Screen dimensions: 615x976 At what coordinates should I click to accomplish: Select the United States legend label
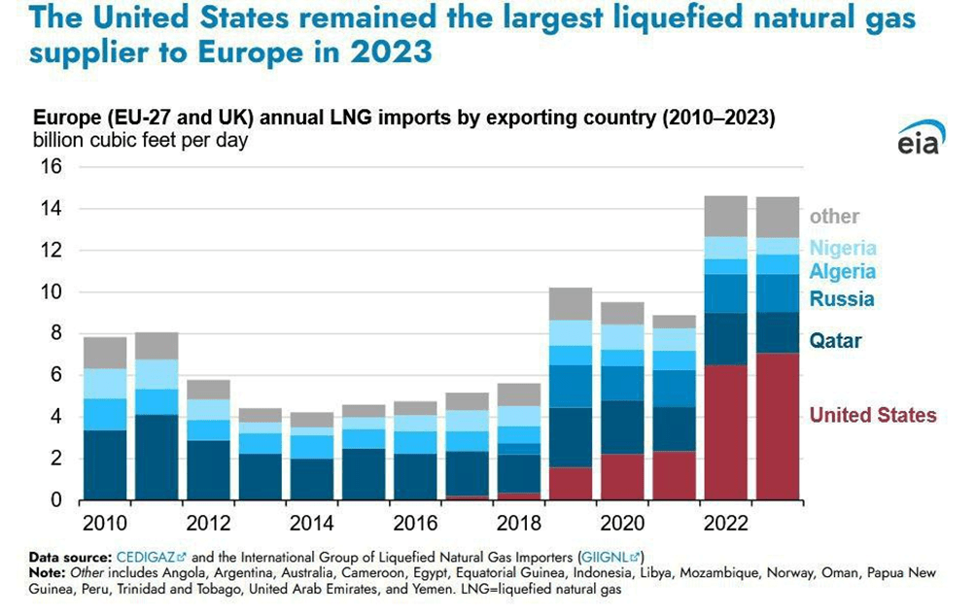pyautogui.click(x=873, y=416)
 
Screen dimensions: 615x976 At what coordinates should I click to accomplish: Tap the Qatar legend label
pyautogui.click(x=835, y=341)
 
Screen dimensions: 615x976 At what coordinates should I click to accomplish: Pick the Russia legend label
pyautogui.click(x=842, y=299)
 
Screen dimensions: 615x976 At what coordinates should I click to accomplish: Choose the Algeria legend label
pyautogui.click(x=843, y=272)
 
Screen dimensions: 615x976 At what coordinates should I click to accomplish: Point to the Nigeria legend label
pyautogui.click(x=843, y=248)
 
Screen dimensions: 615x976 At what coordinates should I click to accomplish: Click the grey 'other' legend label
pyautogui.click(x=834, y=217)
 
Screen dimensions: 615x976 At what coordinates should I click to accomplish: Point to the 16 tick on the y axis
pyautogui.click(x=50, y=167)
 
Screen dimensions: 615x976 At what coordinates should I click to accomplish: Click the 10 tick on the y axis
pyautogui.click(x=50, y=292)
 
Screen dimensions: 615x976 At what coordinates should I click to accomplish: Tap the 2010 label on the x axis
pyautogui.click(x=104, y=524)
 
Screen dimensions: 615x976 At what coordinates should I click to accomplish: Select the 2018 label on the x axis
pyautogui.click(x=519, y=524)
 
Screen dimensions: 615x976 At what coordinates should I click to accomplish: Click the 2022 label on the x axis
pyautogui.click(x=726, y=524)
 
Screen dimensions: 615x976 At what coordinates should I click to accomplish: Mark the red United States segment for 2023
pyautogui.click(x=778, y=427)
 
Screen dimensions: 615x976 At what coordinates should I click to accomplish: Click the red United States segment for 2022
pyautogui.click(x=726, y=432)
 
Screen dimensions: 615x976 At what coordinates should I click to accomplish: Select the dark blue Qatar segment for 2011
pyautogui.click(x=157, y=457)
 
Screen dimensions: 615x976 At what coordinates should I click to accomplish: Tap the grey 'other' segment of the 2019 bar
pyautogui.click(x=571, y=304)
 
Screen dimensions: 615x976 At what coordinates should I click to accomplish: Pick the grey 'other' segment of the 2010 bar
pyautogui.click(x=105, y=353)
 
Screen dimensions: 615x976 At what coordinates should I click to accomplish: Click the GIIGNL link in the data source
pyautogui.click(x=608, y=558)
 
